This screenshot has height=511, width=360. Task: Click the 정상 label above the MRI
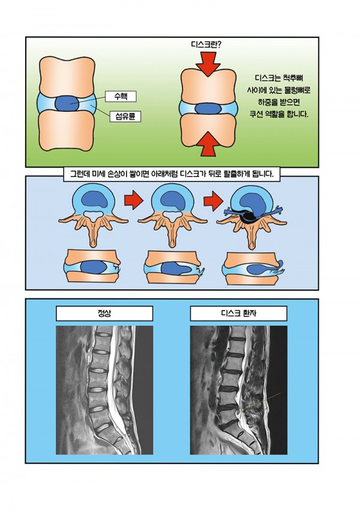point(104,313)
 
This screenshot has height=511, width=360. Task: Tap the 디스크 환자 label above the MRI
point(238,313)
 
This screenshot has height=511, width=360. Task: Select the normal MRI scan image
point(104,390)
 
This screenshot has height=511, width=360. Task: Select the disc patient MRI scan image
point(238,390)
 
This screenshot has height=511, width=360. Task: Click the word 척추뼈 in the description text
point(290,77)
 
